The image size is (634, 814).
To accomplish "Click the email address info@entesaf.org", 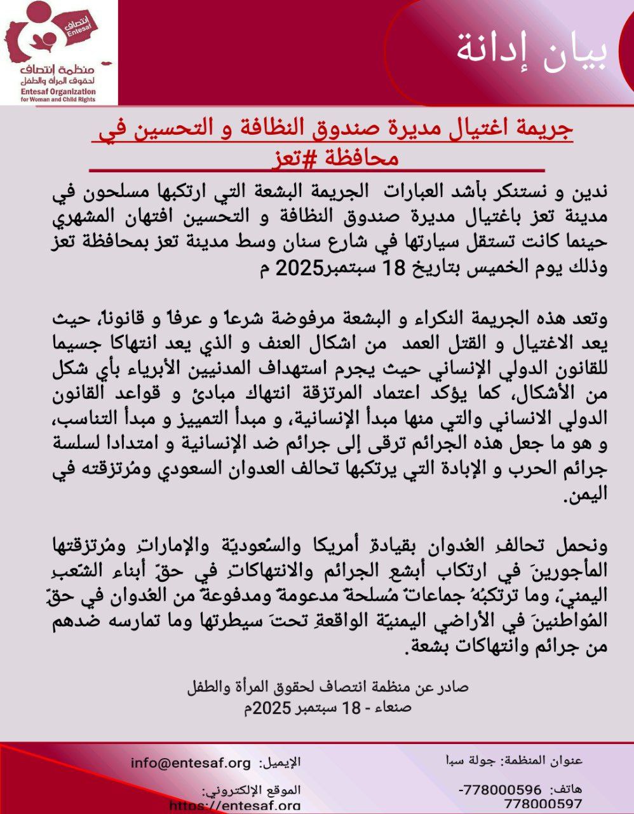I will [x=191, y=762].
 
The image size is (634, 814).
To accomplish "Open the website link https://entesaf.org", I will [x=235, y=806].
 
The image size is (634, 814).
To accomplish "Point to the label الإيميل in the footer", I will [x=280, y=762].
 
